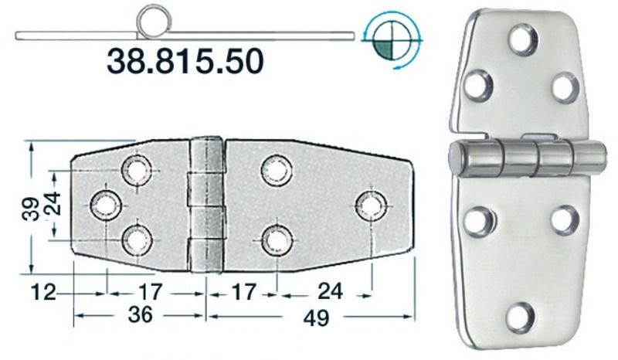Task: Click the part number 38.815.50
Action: (185, 61)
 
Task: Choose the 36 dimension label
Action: (139, 315)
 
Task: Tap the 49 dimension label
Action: (312, 316)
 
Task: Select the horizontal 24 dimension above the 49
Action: (330, 292)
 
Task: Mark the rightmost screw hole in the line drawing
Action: (372, 204)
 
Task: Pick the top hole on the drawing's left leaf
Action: (138, 169)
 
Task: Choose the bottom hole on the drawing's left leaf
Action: (138, 239)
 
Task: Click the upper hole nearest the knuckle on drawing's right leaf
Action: (276, 170)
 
